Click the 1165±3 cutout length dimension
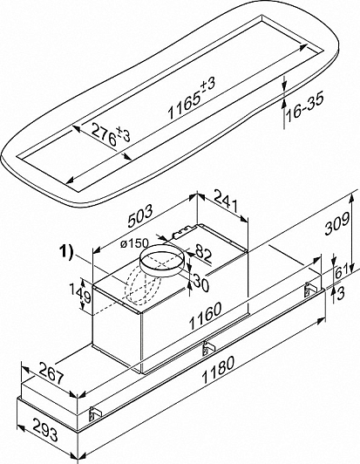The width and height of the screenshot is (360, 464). point(192,99)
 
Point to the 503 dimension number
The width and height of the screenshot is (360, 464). point(140,216)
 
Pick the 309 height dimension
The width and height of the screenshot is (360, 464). point(336,224)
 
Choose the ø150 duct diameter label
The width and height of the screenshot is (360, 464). point(134,243)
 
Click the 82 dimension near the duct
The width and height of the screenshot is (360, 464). point(202,255)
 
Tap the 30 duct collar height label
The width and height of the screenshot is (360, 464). point(201,283)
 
